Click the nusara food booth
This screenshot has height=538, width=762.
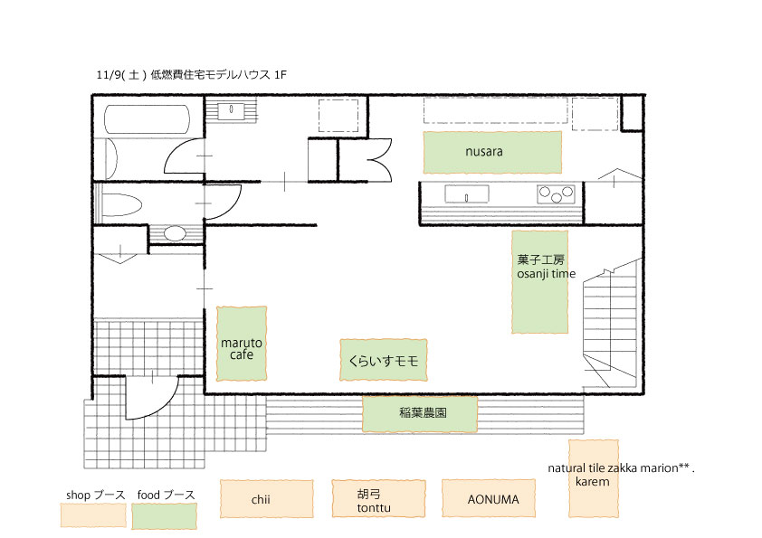click(x=492, y=152)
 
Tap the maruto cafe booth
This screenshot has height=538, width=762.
click(x=242, y=344)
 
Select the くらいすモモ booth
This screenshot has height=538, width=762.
click(x=384, y=360)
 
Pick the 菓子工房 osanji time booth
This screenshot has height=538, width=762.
click(x=540, y=281)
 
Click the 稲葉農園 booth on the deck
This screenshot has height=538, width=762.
click(x=419, y=414)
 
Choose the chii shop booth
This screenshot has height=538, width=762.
click(x=266, y=499)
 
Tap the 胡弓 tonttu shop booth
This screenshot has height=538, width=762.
click(x=378, y=499)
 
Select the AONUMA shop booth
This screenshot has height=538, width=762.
click(x=489, y=499)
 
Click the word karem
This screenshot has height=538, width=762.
click(x=592, y=482)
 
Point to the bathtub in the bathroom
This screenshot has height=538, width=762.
click(x=147, y=119)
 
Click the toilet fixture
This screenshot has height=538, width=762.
click(x=121, y=204)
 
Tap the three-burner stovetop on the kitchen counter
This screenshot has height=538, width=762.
click(x=556, y=193)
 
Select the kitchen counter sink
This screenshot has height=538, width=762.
click(x=467, y=194)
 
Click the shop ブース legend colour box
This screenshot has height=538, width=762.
click(x=93, y=514)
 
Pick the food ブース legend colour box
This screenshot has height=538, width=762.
click(x=165, y=515)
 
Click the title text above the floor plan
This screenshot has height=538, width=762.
click(x=192, y=75)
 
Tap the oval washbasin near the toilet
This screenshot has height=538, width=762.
click(x=175, y=234)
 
